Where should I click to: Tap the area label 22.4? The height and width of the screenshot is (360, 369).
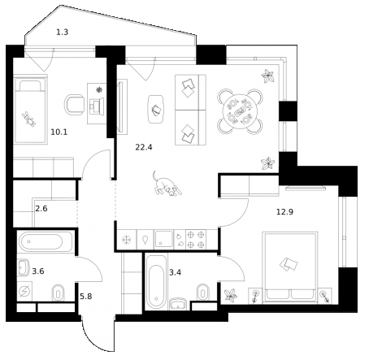145,146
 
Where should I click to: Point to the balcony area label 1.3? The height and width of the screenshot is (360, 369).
63,33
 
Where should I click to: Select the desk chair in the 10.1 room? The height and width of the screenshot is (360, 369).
76,104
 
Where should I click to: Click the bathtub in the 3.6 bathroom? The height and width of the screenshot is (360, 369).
45,241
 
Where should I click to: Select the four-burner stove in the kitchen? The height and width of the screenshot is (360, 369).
195,238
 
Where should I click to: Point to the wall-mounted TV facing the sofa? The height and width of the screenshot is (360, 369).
122,106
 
